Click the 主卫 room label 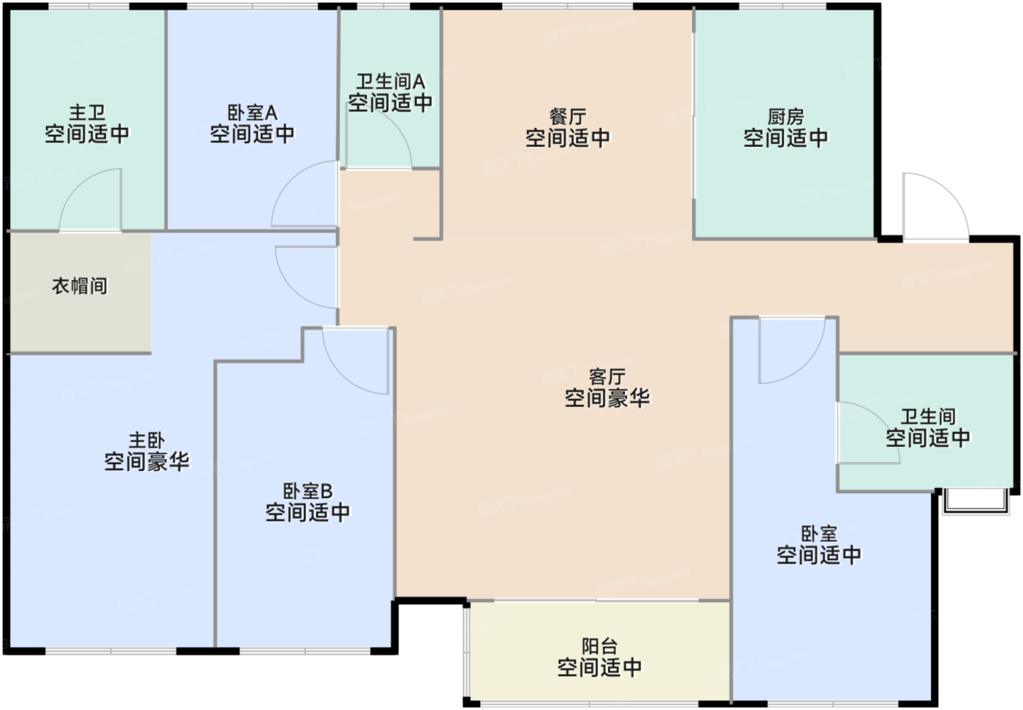87,113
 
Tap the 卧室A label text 252,113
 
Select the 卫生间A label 390,81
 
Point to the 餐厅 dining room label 568,117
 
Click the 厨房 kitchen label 786,117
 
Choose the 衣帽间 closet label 80,286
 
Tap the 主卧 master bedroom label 147,440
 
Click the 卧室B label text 308,491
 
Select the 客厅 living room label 607,377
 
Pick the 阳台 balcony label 600,646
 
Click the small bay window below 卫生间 975,502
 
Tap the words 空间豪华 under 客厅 607,398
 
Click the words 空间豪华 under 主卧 147,462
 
